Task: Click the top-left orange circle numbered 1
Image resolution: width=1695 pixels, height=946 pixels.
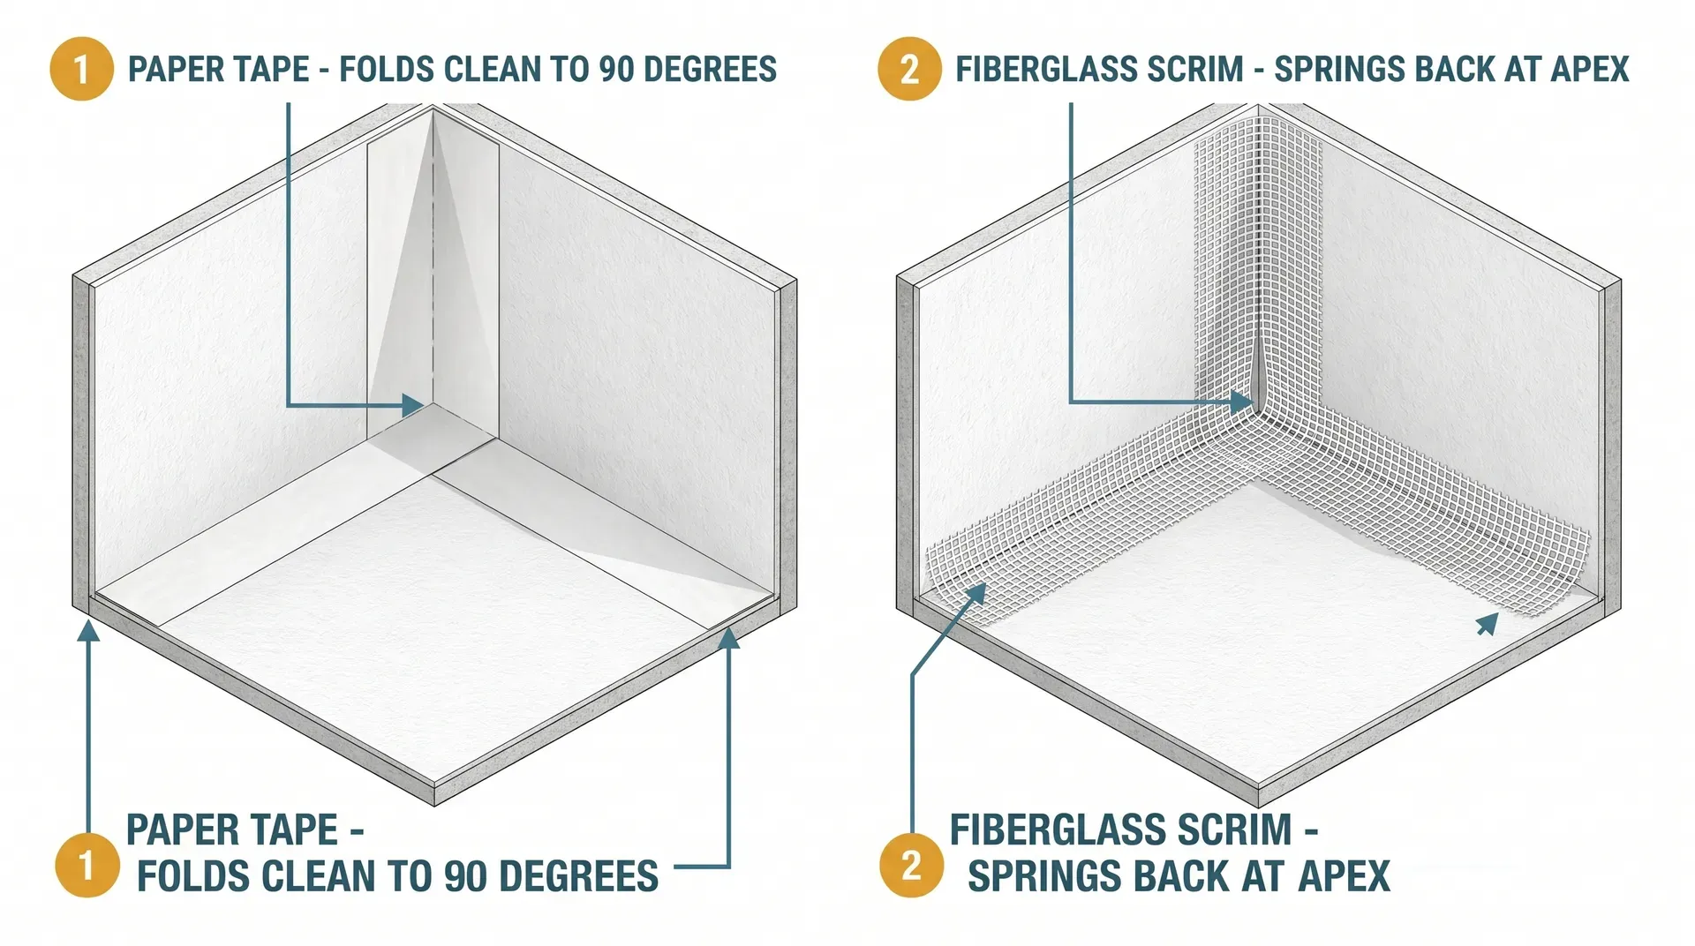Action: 81,69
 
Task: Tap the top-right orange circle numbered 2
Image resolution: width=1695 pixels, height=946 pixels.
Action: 908,69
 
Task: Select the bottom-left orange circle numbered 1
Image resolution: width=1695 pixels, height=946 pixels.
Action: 87,866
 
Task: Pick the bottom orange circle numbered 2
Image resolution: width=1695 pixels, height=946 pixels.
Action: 912,866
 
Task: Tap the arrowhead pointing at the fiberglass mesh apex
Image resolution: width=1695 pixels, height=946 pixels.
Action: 1242,403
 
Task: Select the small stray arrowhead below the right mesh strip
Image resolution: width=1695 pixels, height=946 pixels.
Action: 1488,624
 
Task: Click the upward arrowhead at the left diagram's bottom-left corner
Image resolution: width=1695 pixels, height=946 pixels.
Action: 87,630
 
